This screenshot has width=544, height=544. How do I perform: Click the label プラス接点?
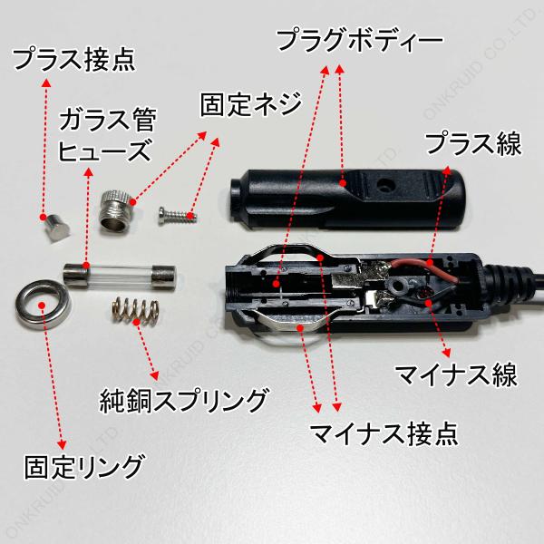coord(73,60)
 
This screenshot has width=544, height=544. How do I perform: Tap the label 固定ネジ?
coord(251,104)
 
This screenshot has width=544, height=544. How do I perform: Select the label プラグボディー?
coord(360,40)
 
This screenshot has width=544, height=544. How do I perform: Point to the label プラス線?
coord(473,143)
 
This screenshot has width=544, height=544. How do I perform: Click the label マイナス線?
coord(457,374)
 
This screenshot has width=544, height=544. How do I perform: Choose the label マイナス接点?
coord(384,433)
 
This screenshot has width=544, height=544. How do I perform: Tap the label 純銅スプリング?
coord(184,401)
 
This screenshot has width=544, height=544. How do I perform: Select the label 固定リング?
coord(83,467)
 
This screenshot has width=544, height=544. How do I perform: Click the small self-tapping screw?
coord(178,215)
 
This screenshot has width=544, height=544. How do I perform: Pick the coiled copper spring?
coord(135,310)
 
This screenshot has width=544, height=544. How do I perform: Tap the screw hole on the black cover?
coord(385,185)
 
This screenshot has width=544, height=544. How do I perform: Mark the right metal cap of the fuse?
coord(164,277)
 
